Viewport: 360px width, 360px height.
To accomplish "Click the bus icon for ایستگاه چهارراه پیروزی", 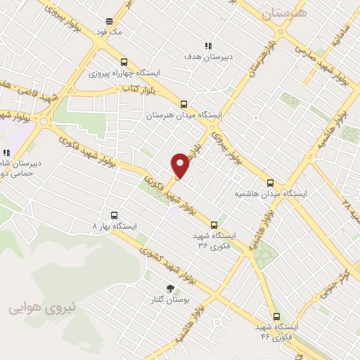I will pyautogui.click(x=124, y=61).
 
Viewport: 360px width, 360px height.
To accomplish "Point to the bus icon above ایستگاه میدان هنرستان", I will pyautogui.click(x=184, y=103).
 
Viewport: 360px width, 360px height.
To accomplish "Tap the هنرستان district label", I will pyautogui.click(x=283, y=13).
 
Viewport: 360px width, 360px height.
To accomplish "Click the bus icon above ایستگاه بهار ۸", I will pyautogui.click(x=115, y=215).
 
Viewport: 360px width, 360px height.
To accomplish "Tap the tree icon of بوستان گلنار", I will pyautogui.click(x=169, y=288).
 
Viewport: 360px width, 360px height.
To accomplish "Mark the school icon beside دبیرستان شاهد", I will pyautogui.click(x=6, y=153).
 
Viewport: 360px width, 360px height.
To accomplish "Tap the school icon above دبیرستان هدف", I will pyautogui.click(x=208, y=45).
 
